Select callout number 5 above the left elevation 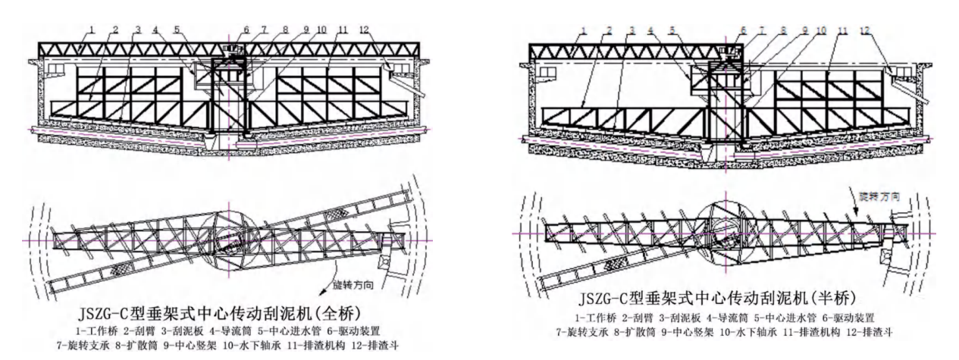click(176, 30)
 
